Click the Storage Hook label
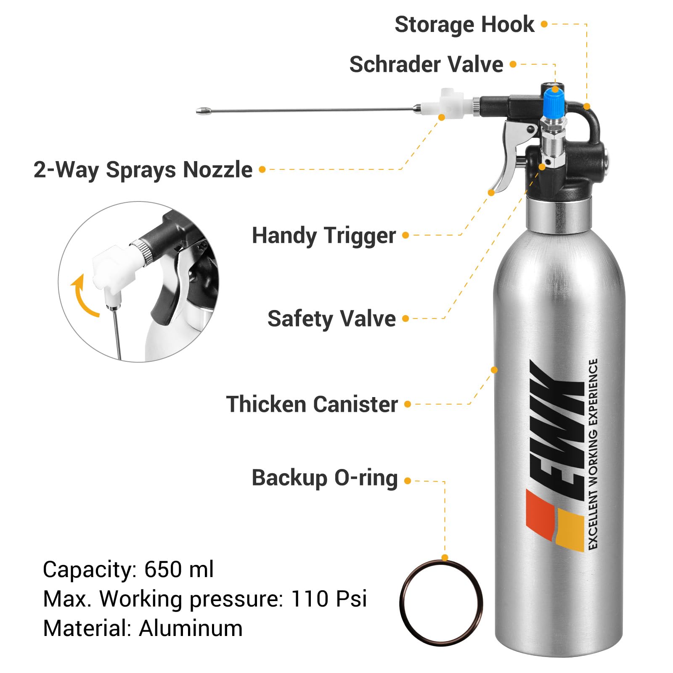tap(464, 24)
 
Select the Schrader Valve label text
tap(426, 64)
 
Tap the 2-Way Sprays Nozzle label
tap(143, 170)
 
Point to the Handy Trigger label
tap(324, 236)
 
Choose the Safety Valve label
tap(331, 319)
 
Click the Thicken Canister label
tap(312, 404)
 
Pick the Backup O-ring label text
tap(325, 478)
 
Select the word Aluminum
tap(191, 628)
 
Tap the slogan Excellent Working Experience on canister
tap(593, 454)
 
